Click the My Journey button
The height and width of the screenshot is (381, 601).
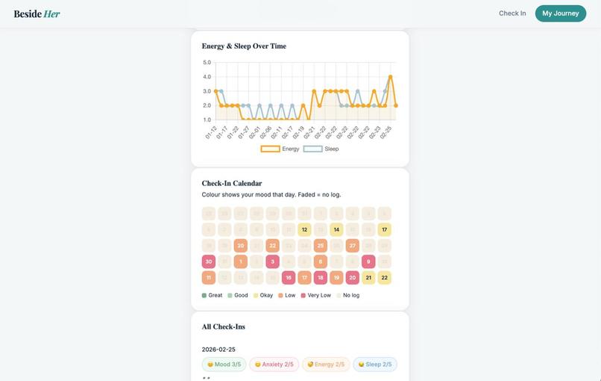560,13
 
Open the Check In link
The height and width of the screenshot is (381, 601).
512,13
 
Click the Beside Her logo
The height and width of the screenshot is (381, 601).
37,13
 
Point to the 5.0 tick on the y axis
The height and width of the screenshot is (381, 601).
207,63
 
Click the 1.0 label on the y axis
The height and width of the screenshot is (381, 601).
207,120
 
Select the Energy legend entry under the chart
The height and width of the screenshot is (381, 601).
280,149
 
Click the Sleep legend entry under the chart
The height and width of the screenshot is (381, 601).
321,149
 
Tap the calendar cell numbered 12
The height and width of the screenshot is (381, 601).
304,229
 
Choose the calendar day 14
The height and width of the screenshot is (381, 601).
336,229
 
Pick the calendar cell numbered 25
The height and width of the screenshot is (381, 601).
320,245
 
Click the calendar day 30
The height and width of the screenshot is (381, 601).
209,261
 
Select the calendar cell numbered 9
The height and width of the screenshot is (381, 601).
368,261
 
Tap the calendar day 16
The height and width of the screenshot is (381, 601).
288,277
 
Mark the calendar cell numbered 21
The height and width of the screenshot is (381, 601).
368,277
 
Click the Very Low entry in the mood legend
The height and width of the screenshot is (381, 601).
316,295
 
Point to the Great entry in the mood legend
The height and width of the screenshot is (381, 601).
213,295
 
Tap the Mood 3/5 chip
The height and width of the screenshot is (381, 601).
224,365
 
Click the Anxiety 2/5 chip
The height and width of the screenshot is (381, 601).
274,365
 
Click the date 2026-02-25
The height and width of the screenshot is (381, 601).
218,349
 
